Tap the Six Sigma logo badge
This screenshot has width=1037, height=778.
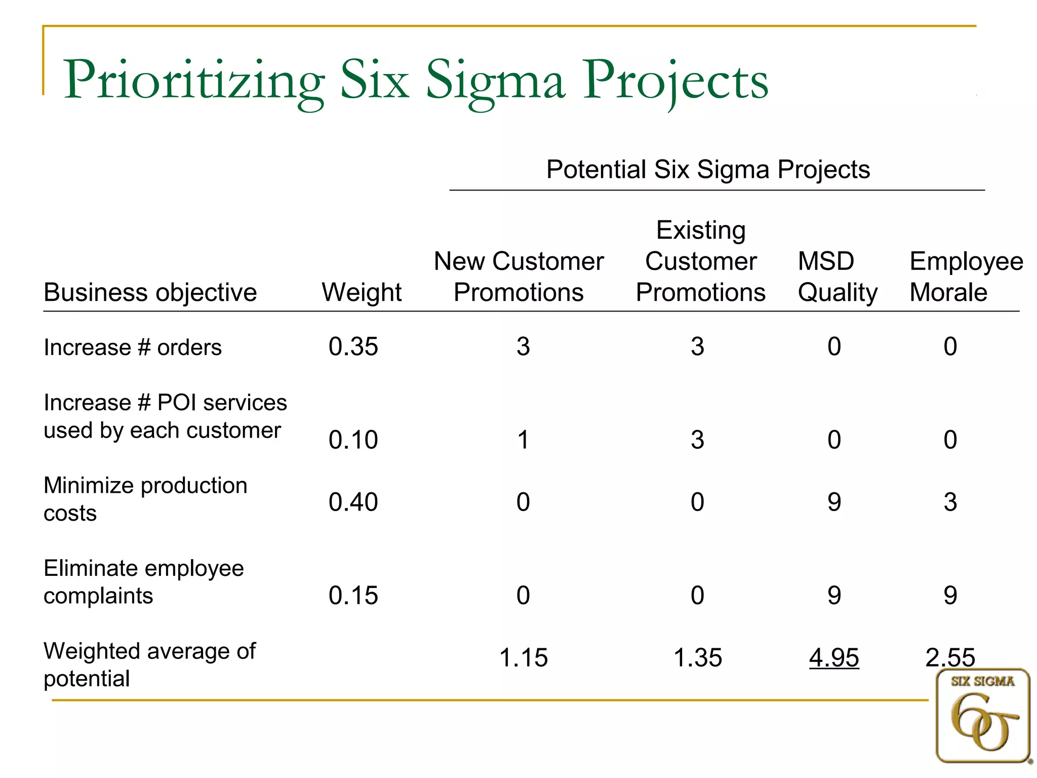click(x=983, y=715)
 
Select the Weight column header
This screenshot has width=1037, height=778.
click(x=362, y=292)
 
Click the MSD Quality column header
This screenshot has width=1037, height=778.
click(x=837, y=277)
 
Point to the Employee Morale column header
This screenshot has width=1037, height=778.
click(x=966, y=277)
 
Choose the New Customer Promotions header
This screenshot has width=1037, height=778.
click(x=518, y=277)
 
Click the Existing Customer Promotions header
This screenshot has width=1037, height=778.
click(x=701, y=261)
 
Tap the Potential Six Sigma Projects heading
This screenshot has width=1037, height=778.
click(x=708, y=169)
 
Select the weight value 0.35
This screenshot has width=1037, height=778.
click(x=353, y=347)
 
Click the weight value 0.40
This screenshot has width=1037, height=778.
click(x=353, y=502)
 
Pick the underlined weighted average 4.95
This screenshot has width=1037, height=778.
click(x=834, y=657)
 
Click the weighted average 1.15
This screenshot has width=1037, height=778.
click(x=523, y=657)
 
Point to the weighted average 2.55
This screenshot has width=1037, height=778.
click(x=950, y=657)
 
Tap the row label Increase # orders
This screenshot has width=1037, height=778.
click(x=133, y=347)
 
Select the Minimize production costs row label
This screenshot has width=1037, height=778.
click(x=145, y=499)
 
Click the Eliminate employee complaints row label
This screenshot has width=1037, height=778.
click(x=144, y=581)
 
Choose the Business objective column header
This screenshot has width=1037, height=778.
click(x=150, y=293)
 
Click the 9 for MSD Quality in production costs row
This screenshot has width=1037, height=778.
click(x=834, y=502)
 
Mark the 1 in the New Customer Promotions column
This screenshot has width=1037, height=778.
click(x=523, y=440)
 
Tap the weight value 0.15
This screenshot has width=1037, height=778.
click(x=353, y=595)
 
